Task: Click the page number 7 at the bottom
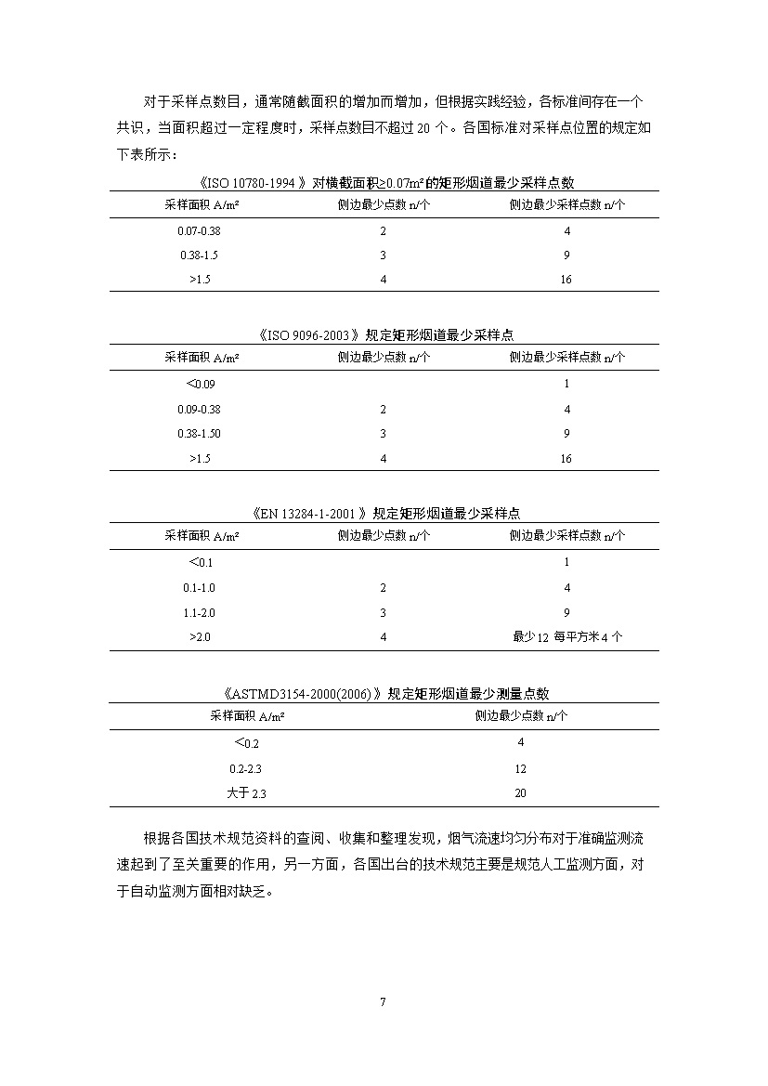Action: [383, 1001]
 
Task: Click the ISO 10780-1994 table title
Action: [384, 183]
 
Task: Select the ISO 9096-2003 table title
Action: [384, 334]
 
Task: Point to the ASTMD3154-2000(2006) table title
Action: [384, 693]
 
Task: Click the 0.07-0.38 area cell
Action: [199, 230]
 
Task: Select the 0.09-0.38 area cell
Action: [199, 409]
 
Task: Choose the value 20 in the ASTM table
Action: [520, 793]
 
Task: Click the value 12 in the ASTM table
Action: [520, 768]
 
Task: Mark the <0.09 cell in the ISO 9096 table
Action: [201, 384]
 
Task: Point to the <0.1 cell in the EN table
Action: [201, 562]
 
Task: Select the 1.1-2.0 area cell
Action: [199, 612]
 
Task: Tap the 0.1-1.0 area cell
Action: [199, 587]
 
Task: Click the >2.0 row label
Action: [201, 636]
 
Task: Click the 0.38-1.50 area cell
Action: [199, 434]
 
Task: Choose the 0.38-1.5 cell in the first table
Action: [199, 255]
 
